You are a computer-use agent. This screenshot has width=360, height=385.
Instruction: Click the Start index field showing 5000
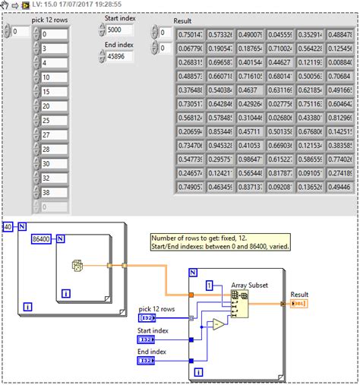click(x=119, y=30)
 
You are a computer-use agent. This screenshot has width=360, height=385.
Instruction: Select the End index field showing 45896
click(x=119, y=57)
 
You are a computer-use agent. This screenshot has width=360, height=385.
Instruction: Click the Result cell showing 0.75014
click(x=191, y=35)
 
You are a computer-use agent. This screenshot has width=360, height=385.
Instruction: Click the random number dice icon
click(x=76, y=267)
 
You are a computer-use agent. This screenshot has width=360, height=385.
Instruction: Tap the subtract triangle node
click(x=217, y=323)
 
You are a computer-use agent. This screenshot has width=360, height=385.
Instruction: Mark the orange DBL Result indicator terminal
click(x=299, y=304)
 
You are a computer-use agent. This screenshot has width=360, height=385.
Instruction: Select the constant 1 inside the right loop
click(x=210, y=286)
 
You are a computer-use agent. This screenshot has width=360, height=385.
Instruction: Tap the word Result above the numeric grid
click(x=183, y=21)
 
